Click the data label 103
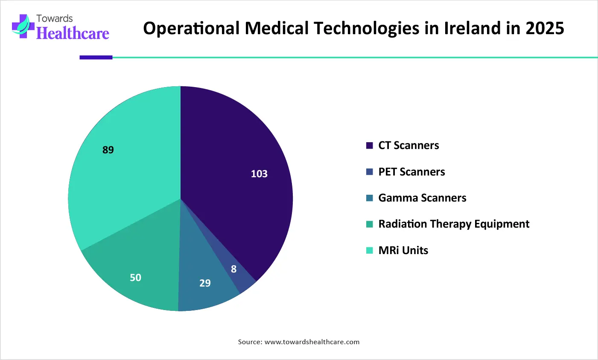259,174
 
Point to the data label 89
108,150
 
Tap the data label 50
135,278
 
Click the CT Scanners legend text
408,146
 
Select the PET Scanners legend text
411,172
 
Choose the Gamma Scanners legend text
422,198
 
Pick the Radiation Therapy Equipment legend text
454,224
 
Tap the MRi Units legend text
403,250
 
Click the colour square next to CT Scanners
370,146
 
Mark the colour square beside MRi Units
370,251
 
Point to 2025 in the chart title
545,28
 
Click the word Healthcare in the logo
73,33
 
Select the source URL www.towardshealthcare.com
312,342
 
